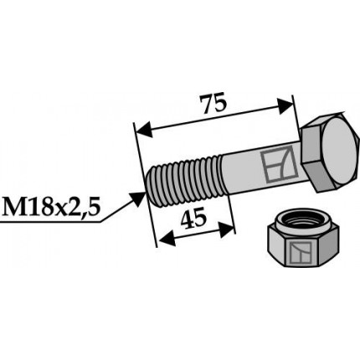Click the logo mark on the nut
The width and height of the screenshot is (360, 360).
[x=302, y=251]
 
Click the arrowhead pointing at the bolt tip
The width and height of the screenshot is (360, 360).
[x=139, y=198]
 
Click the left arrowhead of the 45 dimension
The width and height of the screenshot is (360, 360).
[x=164, y=239]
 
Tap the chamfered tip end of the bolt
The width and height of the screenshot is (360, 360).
[x=152, y=188]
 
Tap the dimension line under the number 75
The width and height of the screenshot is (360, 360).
[x=216, y=117]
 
